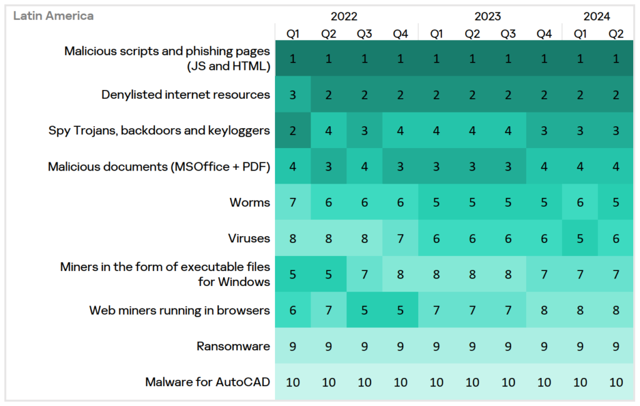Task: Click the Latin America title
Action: (54, 16)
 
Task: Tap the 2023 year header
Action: (489, 16)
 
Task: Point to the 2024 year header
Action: (597, 16)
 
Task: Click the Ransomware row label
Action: (233, 346)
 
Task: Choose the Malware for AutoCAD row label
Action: (207, 382)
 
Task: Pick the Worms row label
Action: (250, 202)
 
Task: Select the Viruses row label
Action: (249, 238)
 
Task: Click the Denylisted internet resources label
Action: (186, 95)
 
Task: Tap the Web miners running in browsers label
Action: (179, 310)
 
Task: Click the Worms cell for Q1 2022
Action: (292, 202)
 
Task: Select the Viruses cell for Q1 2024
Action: (580, 238)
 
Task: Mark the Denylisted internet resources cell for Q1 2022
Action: (292, 95)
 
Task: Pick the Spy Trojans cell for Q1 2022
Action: (292, 131)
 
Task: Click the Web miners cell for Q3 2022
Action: (364, 310)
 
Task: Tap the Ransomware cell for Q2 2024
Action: (616, 346)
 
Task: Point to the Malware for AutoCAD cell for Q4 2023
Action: (544, 382)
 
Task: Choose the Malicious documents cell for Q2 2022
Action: (329, 167)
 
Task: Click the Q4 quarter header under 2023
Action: (544, 34)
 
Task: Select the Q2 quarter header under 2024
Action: (616, 34)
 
